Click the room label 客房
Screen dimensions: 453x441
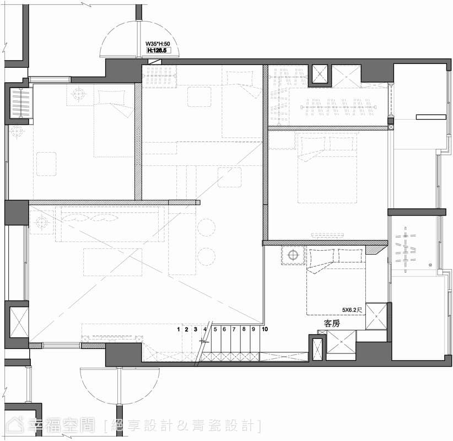(x=332, y=324)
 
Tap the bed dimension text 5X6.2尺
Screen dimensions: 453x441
(x=352, y=310)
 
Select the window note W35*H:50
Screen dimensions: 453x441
(x=158, y=44)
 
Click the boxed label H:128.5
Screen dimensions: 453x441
(x=157, y=50)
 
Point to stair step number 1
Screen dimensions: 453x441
(x=179, y=329)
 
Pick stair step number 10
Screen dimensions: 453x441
(x=265, y=329)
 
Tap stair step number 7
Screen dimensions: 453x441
(x=234, y=329)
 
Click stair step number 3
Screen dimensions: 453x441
(x=196, y=329)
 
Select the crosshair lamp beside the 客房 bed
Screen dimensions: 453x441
(x=293, y=255)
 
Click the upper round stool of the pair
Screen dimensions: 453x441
(x=206, y=228)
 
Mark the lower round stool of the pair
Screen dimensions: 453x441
(x=206, y=256)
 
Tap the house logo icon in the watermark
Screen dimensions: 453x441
(x=15, y=425)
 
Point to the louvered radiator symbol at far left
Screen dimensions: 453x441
(x=21, y=103)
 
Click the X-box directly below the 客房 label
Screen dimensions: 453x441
(x=341, y=342)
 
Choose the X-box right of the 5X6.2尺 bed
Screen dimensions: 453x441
(x=376, y=316)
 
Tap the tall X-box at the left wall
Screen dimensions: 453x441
(x=19, y=322)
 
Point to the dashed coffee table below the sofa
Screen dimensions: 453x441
(x=112, y=262)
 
